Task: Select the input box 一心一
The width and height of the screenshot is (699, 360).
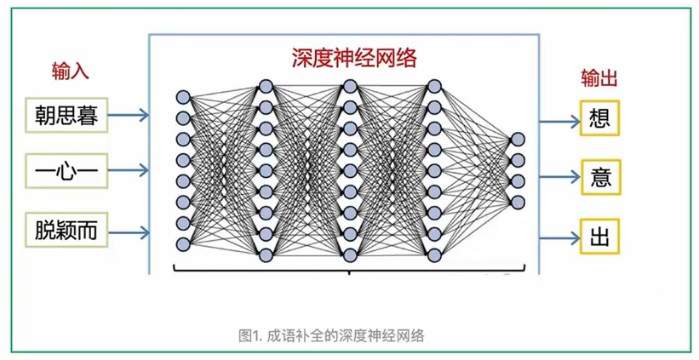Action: tap(67, 172)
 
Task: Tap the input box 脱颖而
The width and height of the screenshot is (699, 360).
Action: tap(67, 230)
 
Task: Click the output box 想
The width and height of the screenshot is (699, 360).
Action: tap(599, 117)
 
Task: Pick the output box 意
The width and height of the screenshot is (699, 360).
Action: tap(599, 177)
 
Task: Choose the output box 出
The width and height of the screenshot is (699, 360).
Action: tap(599, 236)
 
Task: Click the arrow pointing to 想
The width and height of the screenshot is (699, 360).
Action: tap(560, 117)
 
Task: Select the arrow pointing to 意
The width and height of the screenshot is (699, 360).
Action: tap(560, 177)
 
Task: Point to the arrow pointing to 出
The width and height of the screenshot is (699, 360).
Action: tap(560, 236)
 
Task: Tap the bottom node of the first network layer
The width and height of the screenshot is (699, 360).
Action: tap(183, 244)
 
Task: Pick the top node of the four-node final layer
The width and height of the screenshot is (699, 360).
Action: tap(517, 140)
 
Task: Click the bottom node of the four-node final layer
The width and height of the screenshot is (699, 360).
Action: tap(517, 202)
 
